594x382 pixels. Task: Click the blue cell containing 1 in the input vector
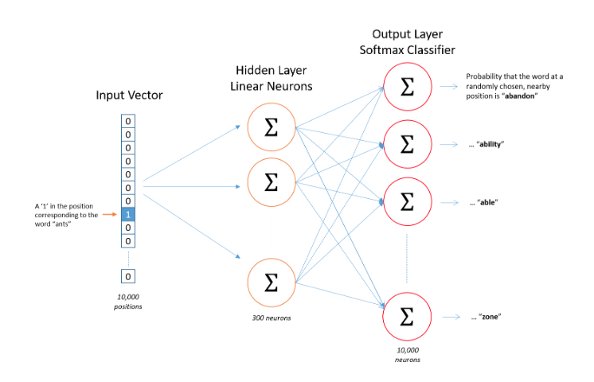129,214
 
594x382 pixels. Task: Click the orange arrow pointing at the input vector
109,214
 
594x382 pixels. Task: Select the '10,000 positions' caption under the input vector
128,302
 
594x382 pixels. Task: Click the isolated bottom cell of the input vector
129,276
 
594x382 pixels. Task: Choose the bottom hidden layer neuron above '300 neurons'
270,281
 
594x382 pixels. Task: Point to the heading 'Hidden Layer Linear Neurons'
270,77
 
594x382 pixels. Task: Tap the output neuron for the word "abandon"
407,87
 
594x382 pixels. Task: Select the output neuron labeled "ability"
407,144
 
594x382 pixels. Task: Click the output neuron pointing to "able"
407,202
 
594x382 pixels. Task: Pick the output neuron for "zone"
407,316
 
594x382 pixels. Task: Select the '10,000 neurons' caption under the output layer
407,354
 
